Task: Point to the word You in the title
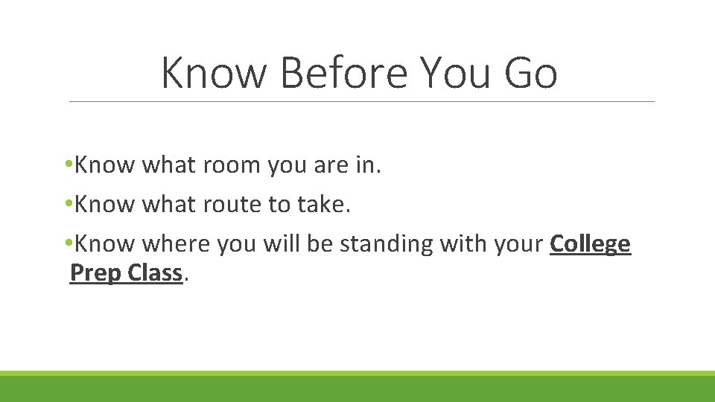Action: tap(449, 73)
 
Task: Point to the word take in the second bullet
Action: tap(323, 205)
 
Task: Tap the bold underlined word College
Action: tap(590, 244)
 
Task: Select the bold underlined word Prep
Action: tap(95, 273)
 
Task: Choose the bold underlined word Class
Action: tap(154, 273)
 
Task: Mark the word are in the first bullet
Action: tap(329, 165)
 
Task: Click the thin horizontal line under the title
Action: tap(361, 101)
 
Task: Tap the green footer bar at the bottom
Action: tap(357, 388)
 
